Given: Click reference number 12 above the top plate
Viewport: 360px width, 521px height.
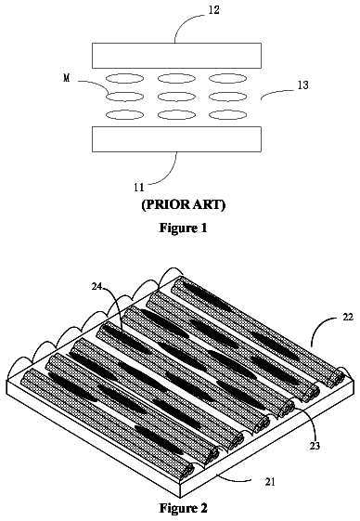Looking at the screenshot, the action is pos(214,10).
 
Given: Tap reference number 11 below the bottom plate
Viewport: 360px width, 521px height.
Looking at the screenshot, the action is pos(139,188).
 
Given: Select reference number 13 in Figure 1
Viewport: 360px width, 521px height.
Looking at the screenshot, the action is pos(302,85).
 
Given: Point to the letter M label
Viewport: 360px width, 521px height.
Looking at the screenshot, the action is pos(67,78).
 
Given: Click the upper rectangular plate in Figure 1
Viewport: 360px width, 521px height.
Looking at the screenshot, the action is pos(176,56).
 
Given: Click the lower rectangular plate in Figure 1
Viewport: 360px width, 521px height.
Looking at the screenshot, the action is pos(176,139).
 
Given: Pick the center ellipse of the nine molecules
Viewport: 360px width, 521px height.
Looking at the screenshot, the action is pos(176,97).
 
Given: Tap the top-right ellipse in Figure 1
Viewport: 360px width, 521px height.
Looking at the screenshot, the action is pos(228,79).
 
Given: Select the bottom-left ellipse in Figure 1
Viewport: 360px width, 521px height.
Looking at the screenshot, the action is pos(125,115).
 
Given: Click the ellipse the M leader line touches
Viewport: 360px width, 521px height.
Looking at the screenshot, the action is pos(125,97).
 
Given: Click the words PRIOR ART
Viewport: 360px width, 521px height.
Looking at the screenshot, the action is pos(184,205).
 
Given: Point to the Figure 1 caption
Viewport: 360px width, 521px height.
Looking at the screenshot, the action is pos(184,228).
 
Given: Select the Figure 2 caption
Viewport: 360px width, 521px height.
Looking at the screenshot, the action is pos(184,508).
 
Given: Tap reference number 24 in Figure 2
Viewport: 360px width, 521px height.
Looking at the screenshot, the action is pos(97,286).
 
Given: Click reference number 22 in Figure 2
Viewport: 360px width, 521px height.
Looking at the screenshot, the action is pos(348,317).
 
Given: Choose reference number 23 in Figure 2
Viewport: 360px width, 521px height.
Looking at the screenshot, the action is pos(315,446).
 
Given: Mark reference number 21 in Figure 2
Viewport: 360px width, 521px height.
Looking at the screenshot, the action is pos(270,482).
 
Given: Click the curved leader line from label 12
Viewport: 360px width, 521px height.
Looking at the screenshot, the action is pos(185,22).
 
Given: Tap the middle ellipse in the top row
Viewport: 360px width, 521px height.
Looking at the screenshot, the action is pos(176,79).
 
